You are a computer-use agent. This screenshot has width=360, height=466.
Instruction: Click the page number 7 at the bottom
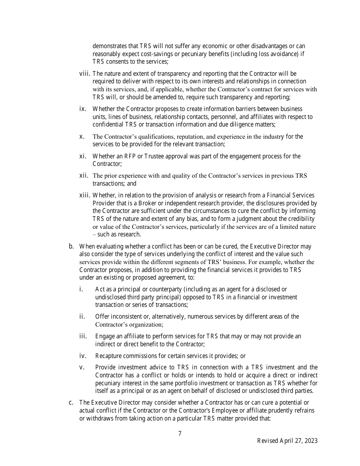180,434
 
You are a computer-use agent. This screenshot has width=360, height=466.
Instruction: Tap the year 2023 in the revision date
310,441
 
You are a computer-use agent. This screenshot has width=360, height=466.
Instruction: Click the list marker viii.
85,73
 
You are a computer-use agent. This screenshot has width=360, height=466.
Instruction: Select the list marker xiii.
85,195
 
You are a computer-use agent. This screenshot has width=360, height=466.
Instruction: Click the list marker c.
71,402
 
